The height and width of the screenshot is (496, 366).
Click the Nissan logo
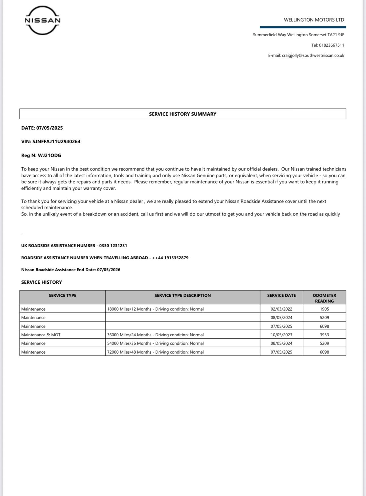click(43, 20)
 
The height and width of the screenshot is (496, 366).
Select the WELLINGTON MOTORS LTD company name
click(314, 20)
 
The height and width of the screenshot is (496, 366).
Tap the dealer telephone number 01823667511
click(331, 45)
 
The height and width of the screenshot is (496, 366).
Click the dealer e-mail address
click(313, 55)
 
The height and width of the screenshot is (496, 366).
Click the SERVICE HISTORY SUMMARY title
click(183, 114)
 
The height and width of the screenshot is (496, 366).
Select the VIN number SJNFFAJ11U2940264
click(56, 142)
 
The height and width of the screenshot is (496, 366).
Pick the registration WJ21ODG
click(49, 155)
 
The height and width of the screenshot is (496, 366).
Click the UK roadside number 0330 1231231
click(113, 246)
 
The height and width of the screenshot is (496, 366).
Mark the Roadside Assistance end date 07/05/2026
click(109, 270)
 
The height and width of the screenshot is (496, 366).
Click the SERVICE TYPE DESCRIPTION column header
click(182, 296)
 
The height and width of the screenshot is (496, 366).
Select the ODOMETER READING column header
click(324, 298)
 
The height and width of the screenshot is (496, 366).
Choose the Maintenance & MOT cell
click(41, 335)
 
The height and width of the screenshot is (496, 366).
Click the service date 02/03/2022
click(281, 309)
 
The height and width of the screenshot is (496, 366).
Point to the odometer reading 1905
click(324, 309)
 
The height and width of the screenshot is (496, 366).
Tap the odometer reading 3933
click(324, 335)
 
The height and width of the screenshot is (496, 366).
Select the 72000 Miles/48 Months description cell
click(155, 352)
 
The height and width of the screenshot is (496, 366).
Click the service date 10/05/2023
click(281, 335)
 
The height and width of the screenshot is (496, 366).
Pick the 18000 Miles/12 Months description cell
click(155, 309)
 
